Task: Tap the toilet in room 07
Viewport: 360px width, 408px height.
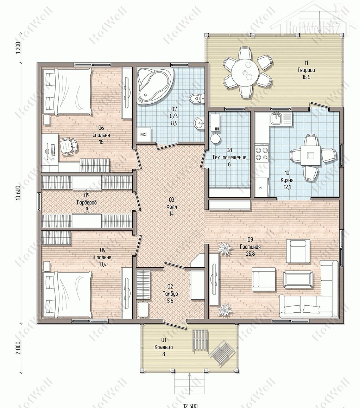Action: (x=197, y=98)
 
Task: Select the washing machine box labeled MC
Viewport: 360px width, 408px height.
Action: (x=144, y=134)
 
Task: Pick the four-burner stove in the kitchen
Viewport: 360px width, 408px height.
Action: (x=261, y=154)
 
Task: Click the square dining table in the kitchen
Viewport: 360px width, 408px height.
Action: (x=310, y=155)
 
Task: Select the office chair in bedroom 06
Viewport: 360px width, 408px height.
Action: (x=68, y=146)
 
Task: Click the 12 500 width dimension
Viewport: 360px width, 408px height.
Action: (x=190, y=406)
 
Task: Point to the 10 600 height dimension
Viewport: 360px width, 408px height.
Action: (x=18, y=193)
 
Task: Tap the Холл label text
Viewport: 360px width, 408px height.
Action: (x=172, y=207)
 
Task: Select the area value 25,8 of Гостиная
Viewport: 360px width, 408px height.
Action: (x=250, y=254)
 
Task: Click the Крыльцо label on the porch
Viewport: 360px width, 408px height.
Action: (x=164, y=347)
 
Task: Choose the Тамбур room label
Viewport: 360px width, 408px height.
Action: (x=170, y=293)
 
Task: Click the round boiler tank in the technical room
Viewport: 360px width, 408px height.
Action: (x=215, y=139)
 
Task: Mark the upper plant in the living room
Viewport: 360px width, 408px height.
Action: (x=225, y=248)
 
